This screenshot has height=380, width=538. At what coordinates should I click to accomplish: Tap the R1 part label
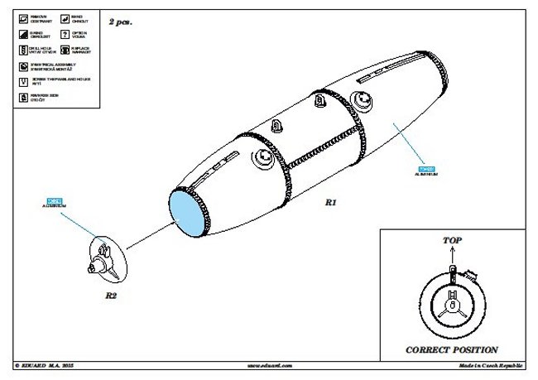click(330, 201)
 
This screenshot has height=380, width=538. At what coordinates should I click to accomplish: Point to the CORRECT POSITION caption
click(451, 349)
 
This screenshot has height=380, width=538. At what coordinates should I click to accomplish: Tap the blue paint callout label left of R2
click(55, 200)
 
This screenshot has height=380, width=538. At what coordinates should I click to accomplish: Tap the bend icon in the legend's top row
click(65, 17)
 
